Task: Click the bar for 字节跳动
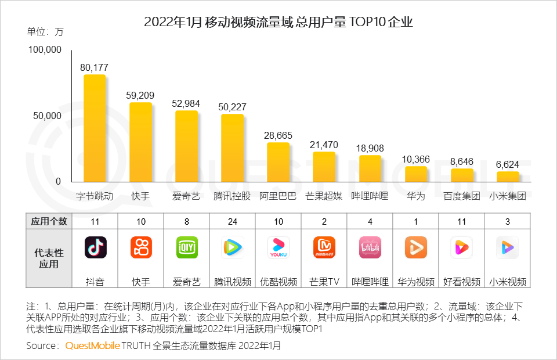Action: (x=95, y=128)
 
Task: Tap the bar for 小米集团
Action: (x=508, y=177)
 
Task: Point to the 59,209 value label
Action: (x=140, y=95)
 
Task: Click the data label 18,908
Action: (x=370, y=148)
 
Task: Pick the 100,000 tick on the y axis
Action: (x=45, y=50)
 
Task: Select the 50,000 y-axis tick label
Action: (x=47, y=116)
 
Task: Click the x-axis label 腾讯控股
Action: (x=232, y=196)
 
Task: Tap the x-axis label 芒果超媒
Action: (x=324, y=196)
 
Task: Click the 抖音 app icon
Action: (x=95, y=247)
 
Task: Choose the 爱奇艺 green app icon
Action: (x=187, y=247)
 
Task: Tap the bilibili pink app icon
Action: (x=370, y=247)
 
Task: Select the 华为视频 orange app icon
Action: (x=415, y=247)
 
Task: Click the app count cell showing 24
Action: (x=233, y=221)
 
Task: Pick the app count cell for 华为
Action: (x=416, y=221)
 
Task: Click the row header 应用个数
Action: (x=49, y=221)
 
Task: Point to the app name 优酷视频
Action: (x=278, y=282)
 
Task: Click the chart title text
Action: (x=278, y=23)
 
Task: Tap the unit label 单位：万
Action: (x=45, y=32)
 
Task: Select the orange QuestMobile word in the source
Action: (x=92, y=345)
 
